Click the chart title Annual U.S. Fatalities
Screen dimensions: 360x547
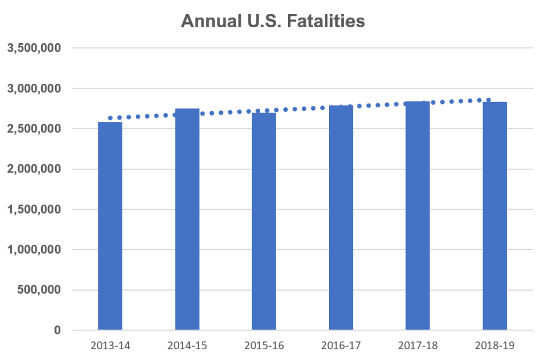273,21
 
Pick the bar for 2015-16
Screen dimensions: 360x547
264,221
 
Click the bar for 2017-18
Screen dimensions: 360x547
418,216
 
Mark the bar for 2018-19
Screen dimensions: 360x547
495,216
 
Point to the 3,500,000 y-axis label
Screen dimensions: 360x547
34,48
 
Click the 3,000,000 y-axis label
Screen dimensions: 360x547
34,88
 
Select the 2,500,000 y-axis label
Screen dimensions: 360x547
34,129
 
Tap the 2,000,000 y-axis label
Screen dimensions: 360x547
34,169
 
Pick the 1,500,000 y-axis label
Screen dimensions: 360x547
34,209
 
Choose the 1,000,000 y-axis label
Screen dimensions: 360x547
34,249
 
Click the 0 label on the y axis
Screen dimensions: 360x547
57,330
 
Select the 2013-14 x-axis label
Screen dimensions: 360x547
110,346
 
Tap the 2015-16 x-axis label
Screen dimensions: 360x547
264,346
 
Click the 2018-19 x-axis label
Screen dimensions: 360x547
495,346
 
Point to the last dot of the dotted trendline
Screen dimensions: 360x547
488,99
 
